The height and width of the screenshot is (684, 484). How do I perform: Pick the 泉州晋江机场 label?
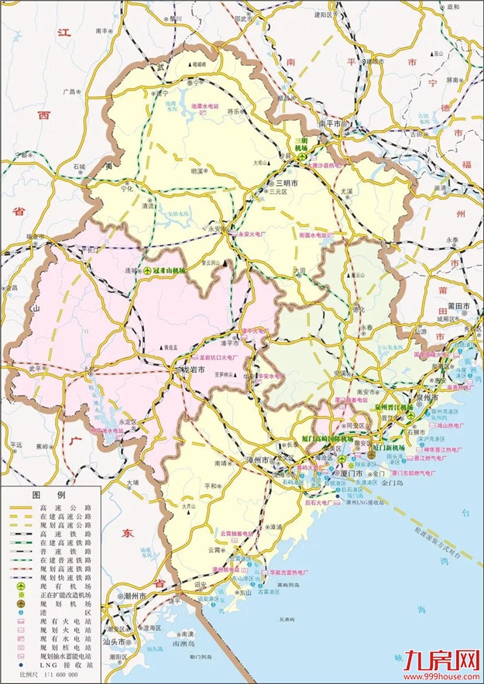[x=392, y=406]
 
